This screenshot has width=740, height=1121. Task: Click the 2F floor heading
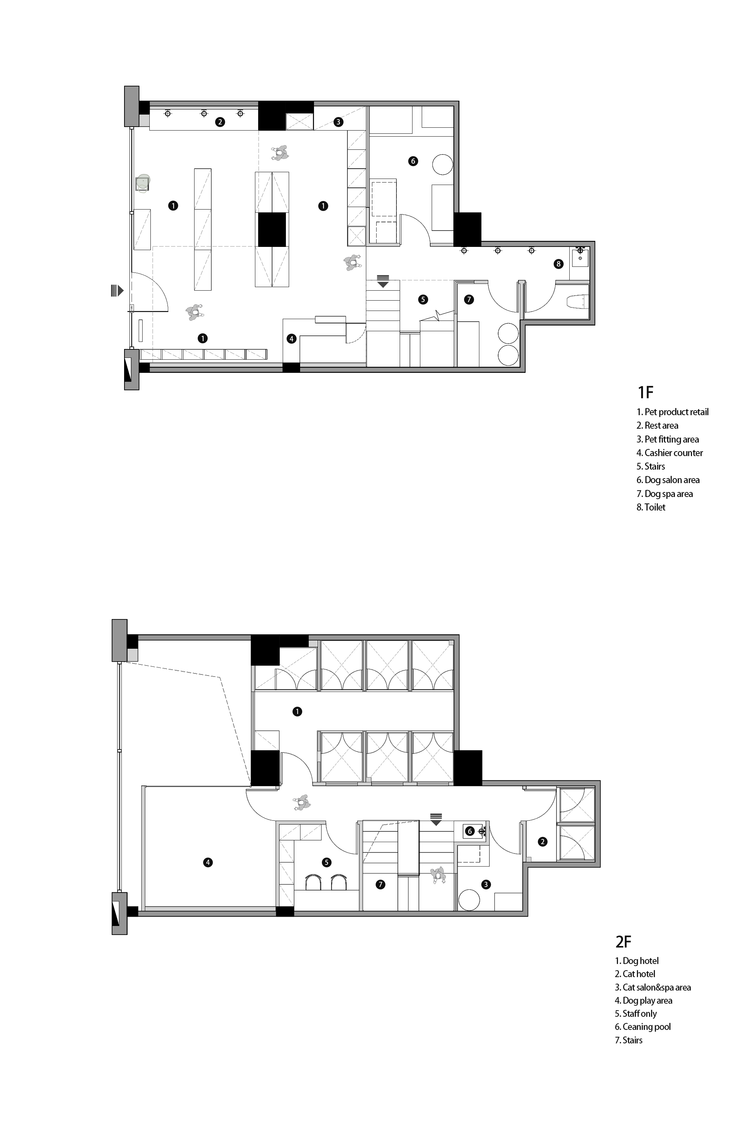pos(623,942)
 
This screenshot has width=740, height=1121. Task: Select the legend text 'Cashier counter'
pos(670,453)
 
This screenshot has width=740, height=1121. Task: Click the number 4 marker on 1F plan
pos(292,339)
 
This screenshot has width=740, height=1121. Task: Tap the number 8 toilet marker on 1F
pos(558,264)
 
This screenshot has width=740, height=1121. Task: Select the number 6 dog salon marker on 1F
pos(413,161)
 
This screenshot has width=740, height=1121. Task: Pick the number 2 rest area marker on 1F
pos(219,122)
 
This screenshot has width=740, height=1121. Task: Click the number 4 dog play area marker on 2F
pos(208,862)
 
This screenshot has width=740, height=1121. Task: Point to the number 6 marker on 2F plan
pos(470,831)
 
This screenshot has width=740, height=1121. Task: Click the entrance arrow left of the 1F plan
pos(117,290)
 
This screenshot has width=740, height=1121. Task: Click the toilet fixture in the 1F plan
pos(577,301)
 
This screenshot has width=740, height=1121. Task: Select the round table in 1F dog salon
pos(443,164)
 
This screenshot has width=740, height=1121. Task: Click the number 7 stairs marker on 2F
pos(380,884)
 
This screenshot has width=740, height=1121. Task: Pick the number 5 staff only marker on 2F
pos(326,862)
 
